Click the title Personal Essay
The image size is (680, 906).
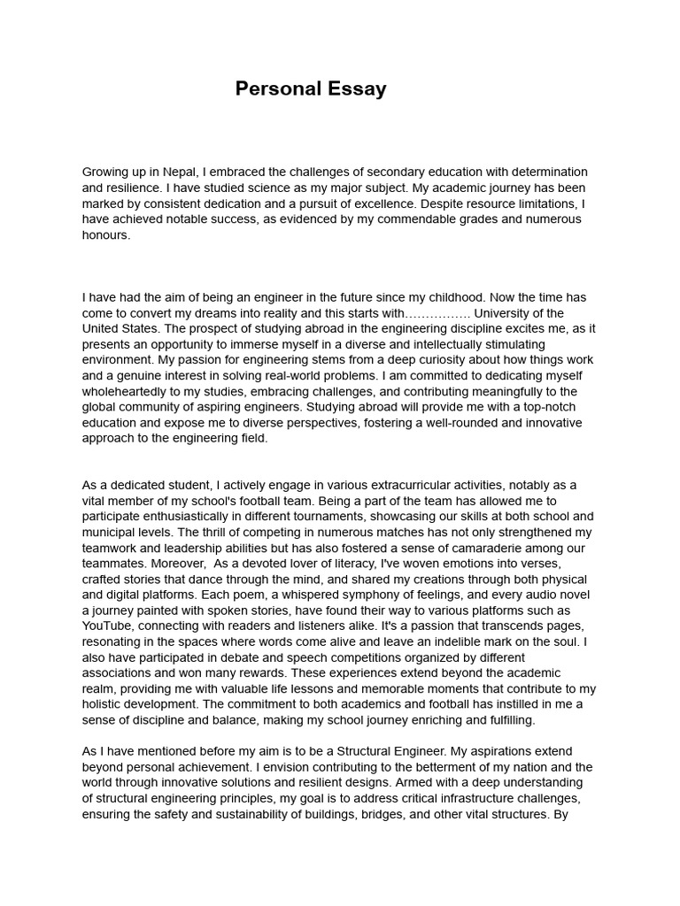311,89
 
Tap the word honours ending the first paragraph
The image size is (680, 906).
105,235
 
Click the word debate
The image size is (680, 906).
222,658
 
